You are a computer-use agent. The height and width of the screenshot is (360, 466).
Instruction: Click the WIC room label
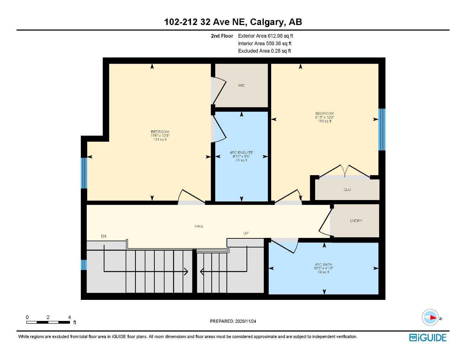(x=241, y=85)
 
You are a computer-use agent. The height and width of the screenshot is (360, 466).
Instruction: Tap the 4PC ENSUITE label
(x=241, y=153)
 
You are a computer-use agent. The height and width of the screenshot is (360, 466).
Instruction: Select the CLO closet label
(x=347, y=190)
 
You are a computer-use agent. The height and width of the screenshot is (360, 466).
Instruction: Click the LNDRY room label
(x=356, y=221)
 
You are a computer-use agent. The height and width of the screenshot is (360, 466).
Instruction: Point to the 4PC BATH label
(x=323, y=265)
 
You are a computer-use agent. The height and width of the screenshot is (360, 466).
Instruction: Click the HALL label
(x=199, y=226)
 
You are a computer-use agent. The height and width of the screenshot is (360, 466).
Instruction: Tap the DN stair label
(x=103, y=236)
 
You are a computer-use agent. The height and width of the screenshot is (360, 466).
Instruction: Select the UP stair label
(x=246, y=233)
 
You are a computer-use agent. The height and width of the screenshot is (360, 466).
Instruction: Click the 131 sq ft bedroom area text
(x=160, y=140)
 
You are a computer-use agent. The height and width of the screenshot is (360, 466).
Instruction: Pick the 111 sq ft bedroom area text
(x=324, y=121)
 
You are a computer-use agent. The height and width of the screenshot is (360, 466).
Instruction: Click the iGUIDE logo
(x=428, y=337)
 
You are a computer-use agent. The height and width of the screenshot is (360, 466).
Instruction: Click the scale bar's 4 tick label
(x=70, y=317)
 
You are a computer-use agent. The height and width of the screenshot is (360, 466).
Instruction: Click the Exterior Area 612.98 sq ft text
(x=266, y=36)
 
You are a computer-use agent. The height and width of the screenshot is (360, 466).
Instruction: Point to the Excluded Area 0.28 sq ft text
(x=264, y=51)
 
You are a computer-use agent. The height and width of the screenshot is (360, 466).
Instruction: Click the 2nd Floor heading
(x=222, y=36)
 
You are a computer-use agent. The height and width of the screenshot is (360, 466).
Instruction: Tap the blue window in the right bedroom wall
(x=382, y=129)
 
